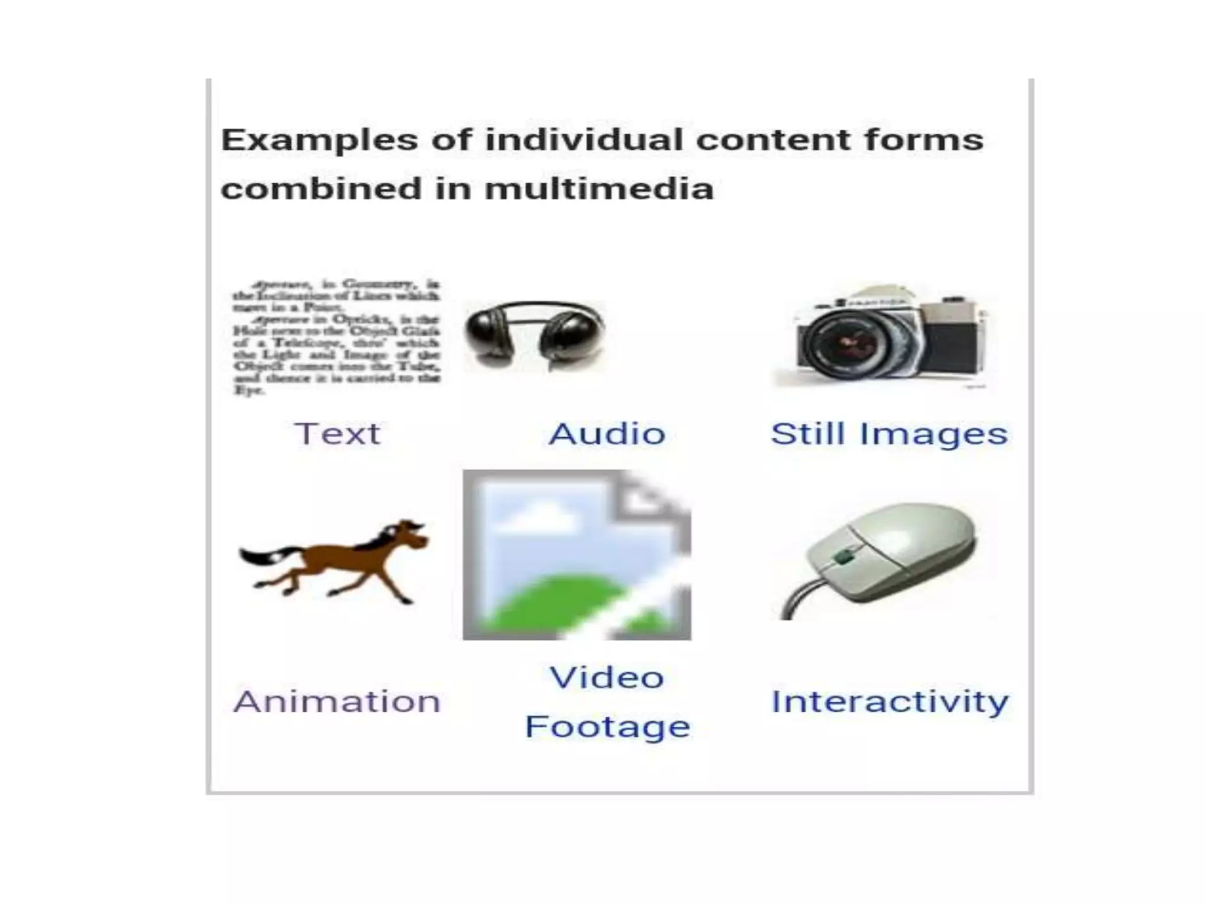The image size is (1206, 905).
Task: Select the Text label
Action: tap(337, 434)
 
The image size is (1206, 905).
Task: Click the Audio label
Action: tap(607, 434)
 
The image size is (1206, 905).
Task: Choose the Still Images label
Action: tap(889, 434)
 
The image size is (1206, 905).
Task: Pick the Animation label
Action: tap(337, 702)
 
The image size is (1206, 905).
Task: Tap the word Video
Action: tap(607, 678)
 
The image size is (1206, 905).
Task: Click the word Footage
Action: tap(607, 726)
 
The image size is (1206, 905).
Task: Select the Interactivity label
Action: tap(890, 702)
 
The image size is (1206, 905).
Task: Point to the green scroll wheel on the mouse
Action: tap(844, 556)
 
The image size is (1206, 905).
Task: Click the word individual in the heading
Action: tap(584, 140)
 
